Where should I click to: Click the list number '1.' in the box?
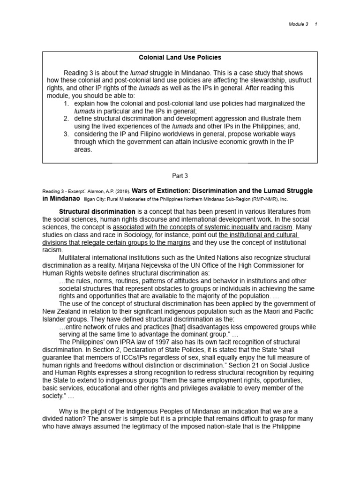tap(67, 103)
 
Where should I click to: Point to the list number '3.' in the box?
tap(67, 134)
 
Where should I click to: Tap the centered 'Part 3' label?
tap(180, 176)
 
